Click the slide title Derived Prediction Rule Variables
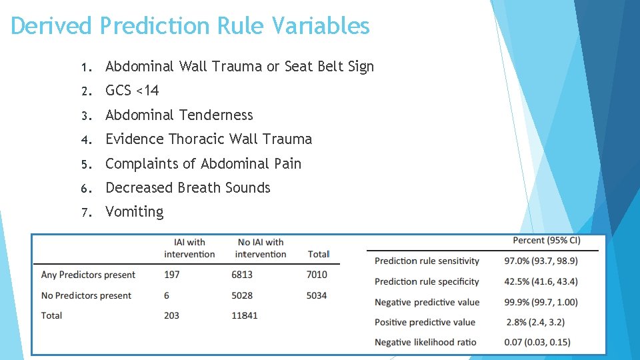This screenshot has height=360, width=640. [x=190, y=26]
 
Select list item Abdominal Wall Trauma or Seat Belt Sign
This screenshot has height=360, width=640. [x=239, y=67]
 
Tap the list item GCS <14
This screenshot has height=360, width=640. [x=132, y=91]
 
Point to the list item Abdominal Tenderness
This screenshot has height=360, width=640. [x=179, y=115]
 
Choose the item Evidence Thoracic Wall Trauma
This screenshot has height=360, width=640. [x=208, y=139]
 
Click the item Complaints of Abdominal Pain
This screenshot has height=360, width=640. [x=203, y=164]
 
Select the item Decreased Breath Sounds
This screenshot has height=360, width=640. [x=187, y=188]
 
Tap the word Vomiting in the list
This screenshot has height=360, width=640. [x=134, y=212]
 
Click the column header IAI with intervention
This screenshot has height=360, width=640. [x=189, y=248]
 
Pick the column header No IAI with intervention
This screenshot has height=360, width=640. [x=260, y=248]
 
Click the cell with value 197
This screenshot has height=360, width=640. [x=171, y=275]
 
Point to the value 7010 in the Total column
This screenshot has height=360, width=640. [x=317, y=275]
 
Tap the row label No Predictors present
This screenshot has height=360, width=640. [x=86, y=295]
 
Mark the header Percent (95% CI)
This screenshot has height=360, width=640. [x=546, y=240]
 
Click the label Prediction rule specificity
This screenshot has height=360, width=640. [x=427, y=281]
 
